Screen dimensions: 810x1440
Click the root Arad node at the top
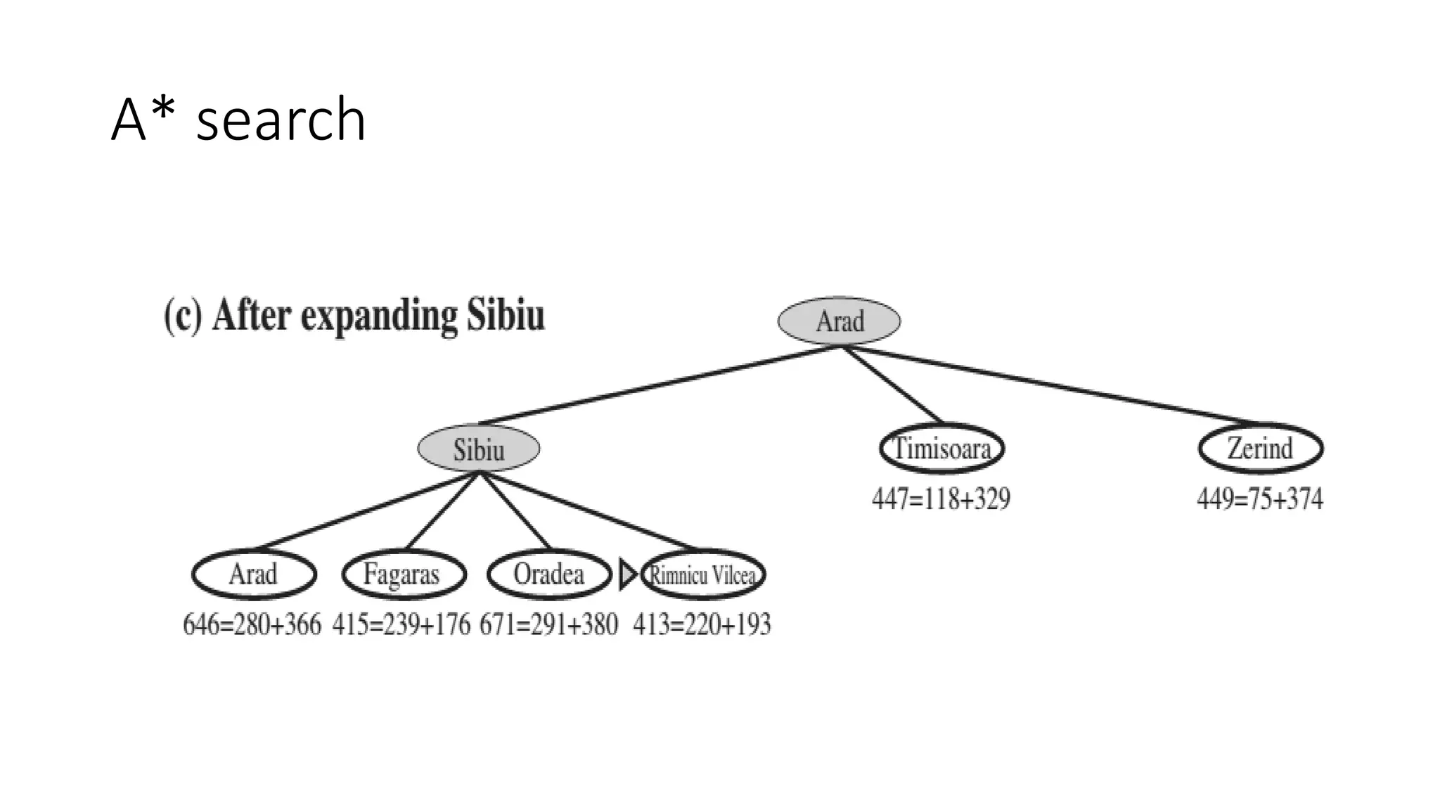839,321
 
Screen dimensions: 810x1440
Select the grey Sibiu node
479,449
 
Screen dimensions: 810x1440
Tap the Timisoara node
941,449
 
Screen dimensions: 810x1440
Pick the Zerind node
1260,449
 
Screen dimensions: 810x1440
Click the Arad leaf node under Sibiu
254,574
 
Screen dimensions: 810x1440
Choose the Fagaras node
404,574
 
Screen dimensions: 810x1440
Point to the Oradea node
549,574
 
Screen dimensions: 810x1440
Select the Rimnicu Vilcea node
703,575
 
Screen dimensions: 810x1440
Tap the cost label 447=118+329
941,499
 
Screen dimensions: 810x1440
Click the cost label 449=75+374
1260,499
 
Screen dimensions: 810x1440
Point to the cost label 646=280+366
252,624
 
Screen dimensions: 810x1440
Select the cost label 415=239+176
401,624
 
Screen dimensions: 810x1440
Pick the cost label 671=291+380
548,624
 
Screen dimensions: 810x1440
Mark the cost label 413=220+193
702,624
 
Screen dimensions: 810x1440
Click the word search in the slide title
281,120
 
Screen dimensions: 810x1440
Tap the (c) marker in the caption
183,316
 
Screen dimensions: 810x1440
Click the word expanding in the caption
380,316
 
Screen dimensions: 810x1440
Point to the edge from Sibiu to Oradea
515,510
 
